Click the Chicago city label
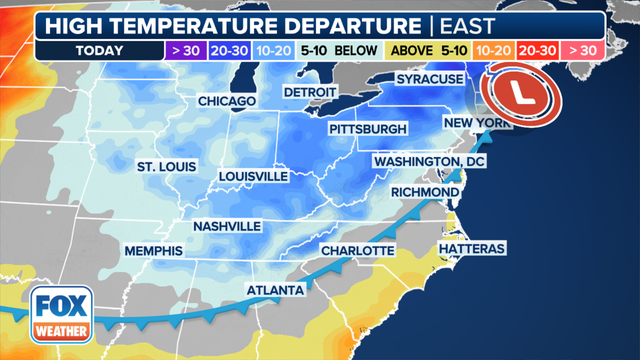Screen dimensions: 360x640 click(x=228, y=101)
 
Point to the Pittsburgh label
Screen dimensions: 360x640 click(x=368, y=130)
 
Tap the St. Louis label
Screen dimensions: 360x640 click(x=167, y=166)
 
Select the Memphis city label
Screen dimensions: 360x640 click(x=154, y=249)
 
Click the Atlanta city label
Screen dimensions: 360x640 click(x=275, y=291)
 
